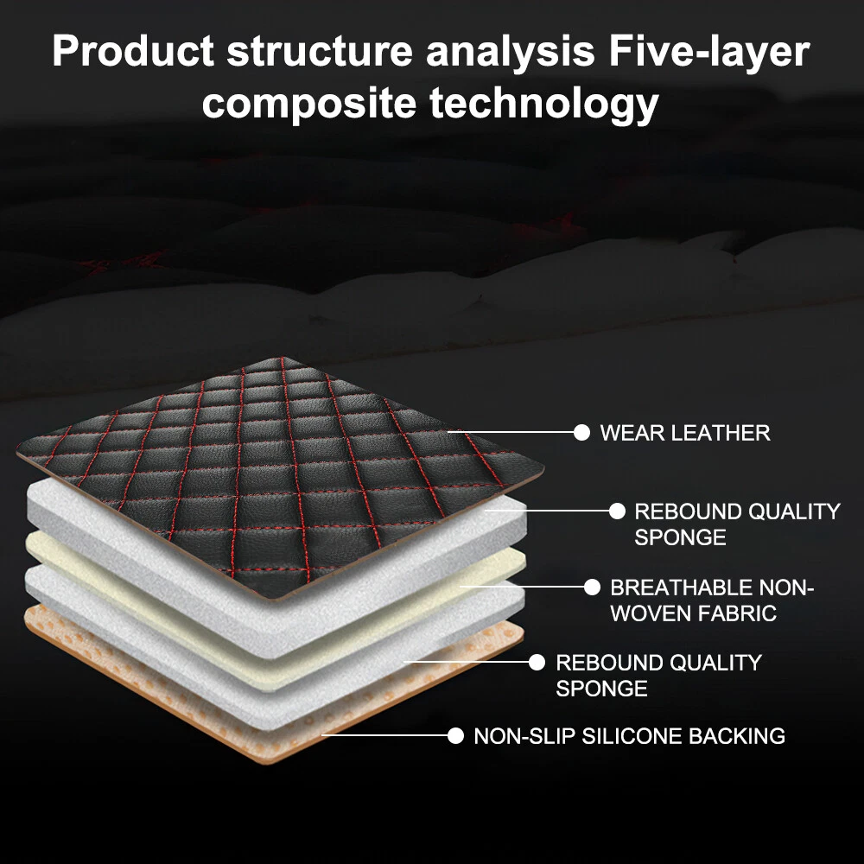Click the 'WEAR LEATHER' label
(x=684, y=432)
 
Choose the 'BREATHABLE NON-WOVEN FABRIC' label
(x=712, y=600)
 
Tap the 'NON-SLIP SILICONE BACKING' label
(x=629, y=736)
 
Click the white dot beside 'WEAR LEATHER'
(x=582, y=432)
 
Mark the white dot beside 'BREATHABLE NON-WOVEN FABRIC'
(x=592, y=588)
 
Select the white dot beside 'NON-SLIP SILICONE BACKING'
(x=455, y=736)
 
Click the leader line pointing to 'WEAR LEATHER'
(x=514, y=432)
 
